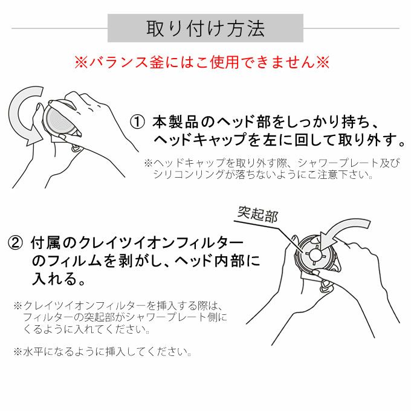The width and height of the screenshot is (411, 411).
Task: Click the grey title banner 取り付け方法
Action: [x=205, y=28]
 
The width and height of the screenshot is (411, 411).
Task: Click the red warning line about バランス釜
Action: [x=202, y=62]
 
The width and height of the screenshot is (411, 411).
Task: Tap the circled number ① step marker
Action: [x=137, y=122]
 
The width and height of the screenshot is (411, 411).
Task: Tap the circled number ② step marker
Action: [x=15, y=242]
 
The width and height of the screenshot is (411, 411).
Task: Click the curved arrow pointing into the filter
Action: [x=341, y=227]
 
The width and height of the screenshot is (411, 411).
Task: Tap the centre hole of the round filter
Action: [x=314, y=254]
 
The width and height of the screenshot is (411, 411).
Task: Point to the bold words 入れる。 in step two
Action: [x=58, y=279]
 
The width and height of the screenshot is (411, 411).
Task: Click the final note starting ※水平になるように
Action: [x=103, y=352]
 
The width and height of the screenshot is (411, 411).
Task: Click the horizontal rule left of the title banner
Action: [x=59, y=28]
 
